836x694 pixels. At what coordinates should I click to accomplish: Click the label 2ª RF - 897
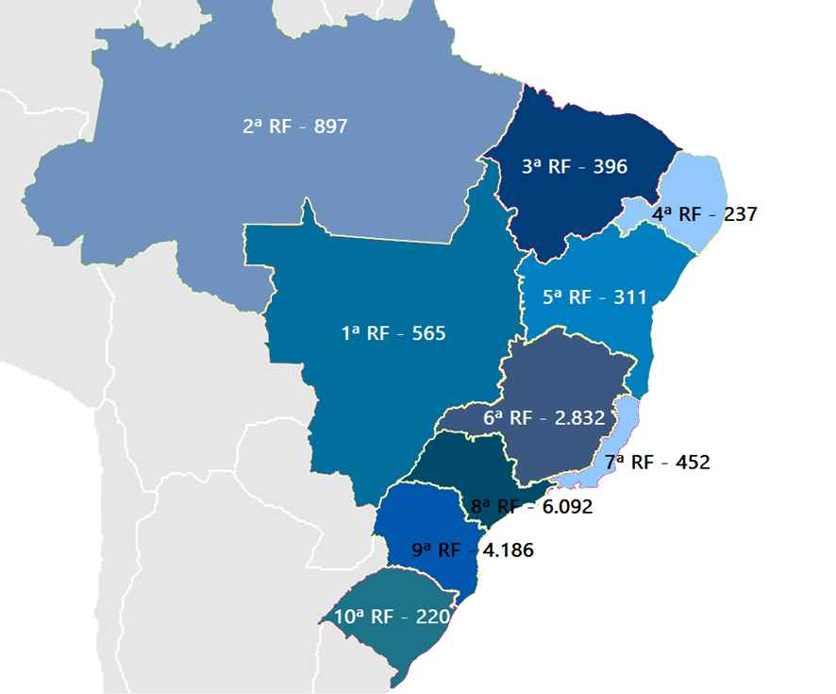point(294,126)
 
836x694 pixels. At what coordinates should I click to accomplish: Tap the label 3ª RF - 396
point(575,167)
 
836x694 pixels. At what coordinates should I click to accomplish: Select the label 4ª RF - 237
point(704,214)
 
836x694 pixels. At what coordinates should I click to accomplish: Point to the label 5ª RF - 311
point(594,297)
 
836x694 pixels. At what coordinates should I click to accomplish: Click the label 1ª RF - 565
point(393,333)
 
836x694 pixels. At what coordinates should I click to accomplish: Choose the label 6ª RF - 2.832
point(543,418)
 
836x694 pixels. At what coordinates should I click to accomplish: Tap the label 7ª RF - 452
point(657,463)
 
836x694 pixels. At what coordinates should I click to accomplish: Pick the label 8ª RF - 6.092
point(531,507)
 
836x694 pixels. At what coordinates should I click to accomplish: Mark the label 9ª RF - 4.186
point(473,550)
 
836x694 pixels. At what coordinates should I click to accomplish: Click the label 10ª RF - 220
point(389,618)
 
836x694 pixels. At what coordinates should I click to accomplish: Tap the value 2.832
point(579,418)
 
